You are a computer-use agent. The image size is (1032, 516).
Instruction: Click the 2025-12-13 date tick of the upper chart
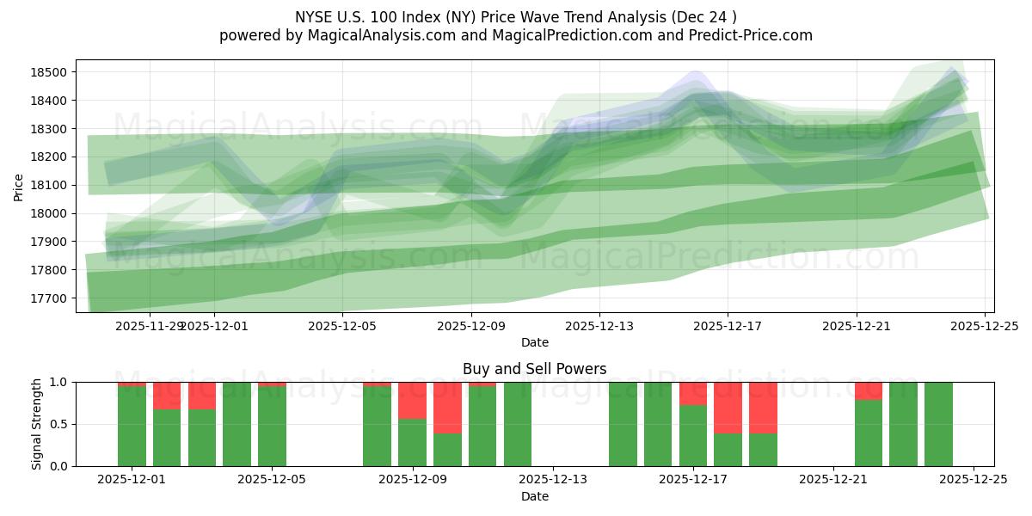(599, 326)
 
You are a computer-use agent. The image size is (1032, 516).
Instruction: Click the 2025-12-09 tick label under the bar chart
(412, 481)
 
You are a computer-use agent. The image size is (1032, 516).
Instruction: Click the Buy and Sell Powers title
(534, 369)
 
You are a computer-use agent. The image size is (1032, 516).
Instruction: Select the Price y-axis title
(19, 186)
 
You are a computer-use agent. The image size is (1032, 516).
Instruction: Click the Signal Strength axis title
(36, 424)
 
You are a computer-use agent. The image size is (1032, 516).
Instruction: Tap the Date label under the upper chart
(534, 342)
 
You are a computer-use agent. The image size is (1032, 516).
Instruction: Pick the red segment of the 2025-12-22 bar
(868, 390)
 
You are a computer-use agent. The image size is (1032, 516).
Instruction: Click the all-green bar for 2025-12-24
(938, 424)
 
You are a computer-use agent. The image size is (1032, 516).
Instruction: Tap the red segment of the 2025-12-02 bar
(167, 395)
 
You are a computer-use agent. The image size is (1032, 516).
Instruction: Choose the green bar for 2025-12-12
(517, 424)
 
